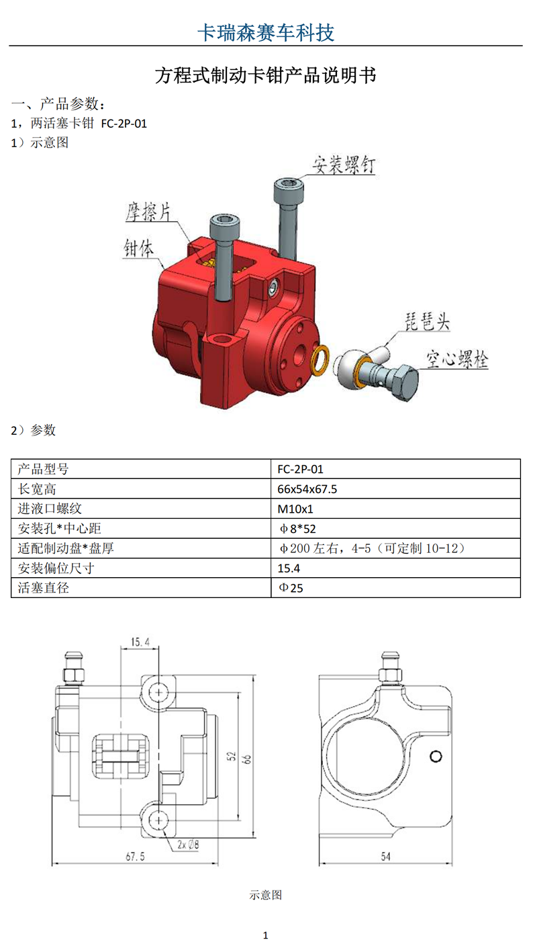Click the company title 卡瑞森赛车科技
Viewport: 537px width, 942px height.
click(x=266, y=32)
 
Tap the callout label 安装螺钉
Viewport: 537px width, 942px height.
click(x=343, y=165)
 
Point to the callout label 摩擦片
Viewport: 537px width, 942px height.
click(x=148, y=212)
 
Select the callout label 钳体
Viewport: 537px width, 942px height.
click(x=138, y=248)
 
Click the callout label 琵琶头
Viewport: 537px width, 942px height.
click(x=427, y=322)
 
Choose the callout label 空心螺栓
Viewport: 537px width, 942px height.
click(x=457, y=359)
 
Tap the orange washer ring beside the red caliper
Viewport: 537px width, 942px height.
click(x=320, y=361)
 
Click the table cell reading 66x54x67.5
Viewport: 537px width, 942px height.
click(x=307, y=489)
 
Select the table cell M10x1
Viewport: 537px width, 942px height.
click(x=295, y=509)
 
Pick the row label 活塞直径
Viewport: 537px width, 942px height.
click(x=43, y=587)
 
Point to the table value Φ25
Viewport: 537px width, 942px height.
click(x=291, y=588)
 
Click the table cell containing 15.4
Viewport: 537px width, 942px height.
click(x=289, y=568)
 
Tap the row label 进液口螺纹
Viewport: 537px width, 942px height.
click(x=50, y=509)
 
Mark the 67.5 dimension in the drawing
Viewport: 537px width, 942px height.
click(x=136, y=856)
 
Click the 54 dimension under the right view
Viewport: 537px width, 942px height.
click(x=385, y=856)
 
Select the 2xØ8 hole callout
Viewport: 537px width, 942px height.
click(x=188, y=845)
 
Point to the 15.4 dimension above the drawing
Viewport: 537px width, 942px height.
click(x=140, y=642)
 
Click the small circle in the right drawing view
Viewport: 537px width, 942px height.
click(x=436, y=757)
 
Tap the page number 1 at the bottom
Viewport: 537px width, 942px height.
click(x=265, y=935)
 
